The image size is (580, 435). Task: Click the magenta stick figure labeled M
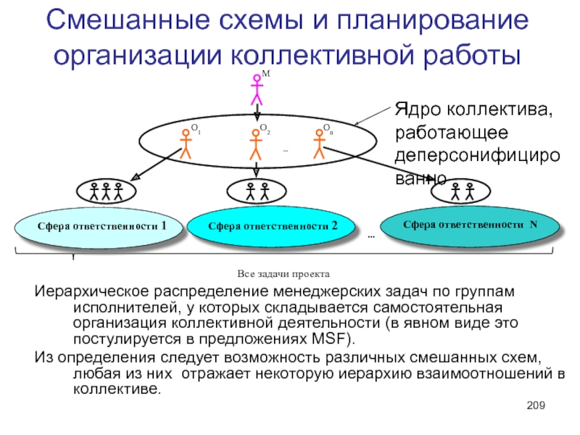pos(256,90)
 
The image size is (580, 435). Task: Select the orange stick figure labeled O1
pos(185,144)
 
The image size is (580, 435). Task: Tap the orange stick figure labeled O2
pos(255,144)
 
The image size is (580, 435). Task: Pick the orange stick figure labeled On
pos(318,144)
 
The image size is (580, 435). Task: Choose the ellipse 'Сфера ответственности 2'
pos(273,226)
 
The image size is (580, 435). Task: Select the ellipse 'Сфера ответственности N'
pos(471,225)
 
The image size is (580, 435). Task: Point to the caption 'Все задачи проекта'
pos(283,275)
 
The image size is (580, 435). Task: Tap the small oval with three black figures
pos(106,192)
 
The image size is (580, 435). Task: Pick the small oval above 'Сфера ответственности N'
pos(461,192)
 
